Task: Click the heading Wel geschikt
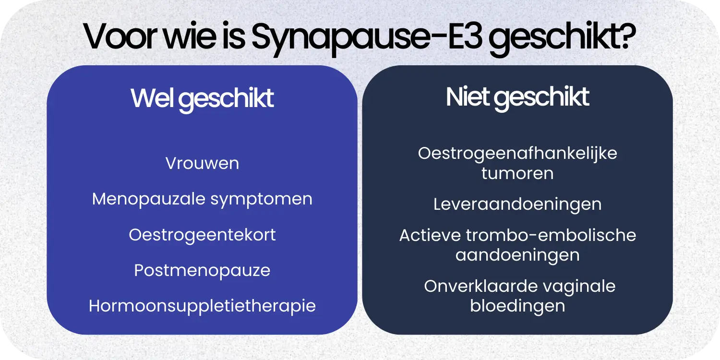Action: coord(202,98)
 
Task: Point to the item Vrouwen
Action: coord(202,164)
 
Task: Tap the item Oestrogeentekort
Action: coord(202,235)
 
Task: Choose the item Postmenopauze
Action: coord(202,271)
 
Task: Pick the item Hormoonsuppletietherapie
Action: coord(202,306)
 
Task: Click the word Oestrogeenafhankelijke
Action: coord(517,154)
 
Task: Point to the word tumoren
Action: coord(517,173)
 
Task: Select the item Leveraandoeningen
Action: coord(517,204)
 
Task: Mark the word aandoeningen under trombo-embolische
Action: coord(517,255)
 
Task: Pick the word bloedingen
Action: coord(517,306)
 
